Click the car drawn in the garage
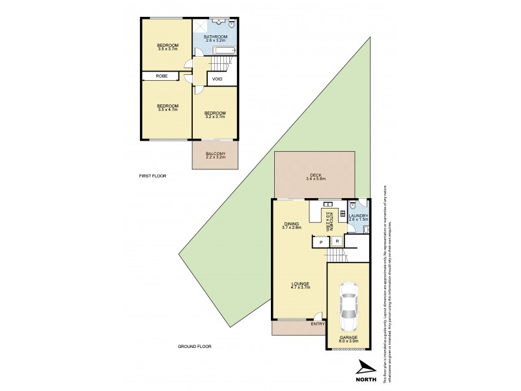pyautogui.click(x=349, y=304)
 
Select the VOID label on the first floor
pyautogui.click(x=217, y=80)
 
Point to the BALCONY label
pyautogui.click(x=216, y=153)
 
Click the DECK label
pyautogui.click(x=316, y=175)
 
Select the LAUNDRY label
pyautogui.click(x=359, y=216)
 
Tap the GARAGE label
pyautogui.click(x=348, y=337)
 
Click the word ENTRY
pyautogui.click(x=318, y=324)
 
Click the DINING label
pyautogui.click(x=291, y=224)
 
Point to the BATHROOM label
pyautogui.click(x=215, y=36)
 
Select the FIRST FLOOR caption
pyautogui.click(x=153, y=177)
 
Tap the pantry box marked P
pyautogui.click(x=321, y=242)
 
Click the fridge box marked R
pyautogui.click(x=337, y=242)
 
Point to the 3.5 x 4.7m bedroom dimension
pyautogui.click(x=167, y=109)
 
